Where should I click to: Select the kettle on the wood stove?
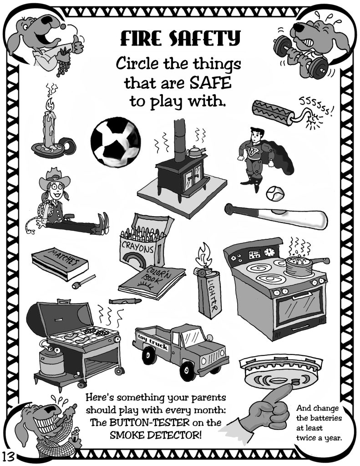point(196,152)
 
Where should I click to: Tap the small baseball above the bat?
point(274,193)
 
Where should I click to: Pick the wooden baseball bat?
point(275,214)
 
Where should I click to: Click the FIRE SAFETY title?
point(179,39)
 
